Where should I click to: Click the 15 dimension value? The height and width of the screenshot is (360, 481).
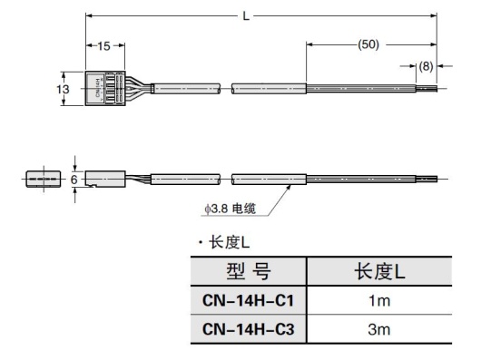(105, 46)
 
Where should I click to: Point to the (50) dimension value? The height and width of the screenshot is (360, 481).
(369, 44)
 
